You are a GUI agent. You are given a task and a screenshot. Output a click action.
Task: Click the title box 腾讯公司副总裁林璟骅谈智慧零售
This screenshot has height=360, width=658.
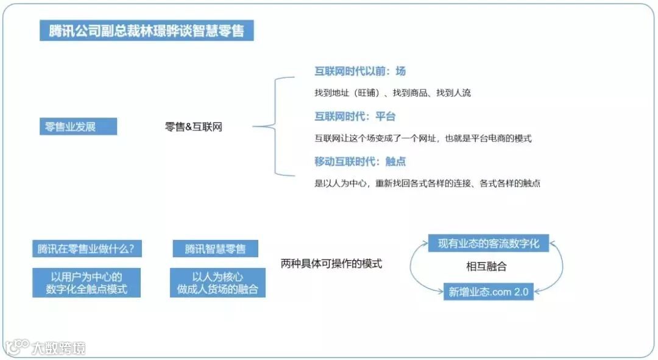(x=146, y=30)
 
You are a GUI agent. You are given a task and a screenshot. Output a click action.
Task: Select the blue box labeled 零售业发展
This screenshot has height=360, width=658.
(x=78, y=127)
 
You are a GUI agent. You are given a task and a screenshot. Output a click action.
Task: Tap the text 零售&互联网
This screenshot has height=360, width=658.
(x=193, y=127)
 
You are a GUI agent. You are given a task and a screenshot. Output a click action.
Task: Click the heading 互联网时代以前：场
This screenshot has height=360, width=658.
(x=359, y=71)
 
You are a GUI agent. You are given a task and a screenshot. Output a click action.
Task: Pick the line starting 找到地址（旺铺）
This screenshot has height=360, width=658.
(x=392, y=93)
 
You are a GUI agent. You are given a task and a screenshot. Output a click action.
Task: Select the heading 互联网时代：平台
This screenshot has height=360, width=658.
(x=355, y=116)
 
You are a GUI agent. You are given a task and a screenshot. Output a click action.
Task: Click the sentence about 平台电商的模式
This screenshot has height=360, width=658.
(x=423, y=138)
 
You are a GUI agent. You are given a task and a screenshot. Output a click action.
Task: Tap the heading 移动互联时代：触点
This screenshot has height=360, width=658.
(x=359, y=161)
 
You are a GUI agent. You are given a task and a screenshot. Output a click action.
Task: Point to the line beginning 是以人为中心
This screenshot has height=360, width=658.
(x=427, y=183)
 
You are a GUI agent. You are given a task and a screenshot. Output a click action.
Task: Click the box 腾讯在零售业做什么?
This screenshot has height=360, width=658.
(x=86, y=249)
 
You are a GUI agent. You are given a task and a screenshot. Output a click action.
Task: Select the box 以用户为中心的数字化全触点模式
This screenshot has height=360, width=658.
(x=87, y=283)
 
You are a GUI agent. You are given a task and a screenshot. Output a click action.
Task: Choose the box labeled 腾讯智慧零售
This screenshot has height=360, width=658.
(x=216, y=249)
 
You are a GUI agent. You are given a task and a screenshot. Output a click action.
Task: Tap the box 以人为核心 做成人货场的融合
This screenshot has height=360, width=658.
(x=218, y=283)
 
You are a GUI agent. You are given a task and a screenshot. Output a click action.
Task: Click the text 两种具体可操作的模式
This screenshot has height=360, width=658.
(x=331, y=264)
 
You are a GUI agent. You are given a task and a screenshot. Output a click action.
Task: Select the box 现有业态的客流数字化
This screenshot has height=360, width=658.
(x=489, y=243)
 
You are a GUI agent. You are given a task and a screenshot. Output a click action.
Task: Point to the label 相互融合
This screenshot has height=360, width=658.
(x=486, y=267)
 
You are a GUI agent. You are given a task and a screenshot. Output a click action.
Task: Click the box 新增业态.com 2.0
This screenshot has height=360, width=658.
(x=489, y=291)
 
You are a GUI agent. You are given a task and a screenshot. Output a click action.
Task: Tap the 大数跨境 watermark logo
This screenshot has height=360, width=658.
(x=46, y=347)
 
